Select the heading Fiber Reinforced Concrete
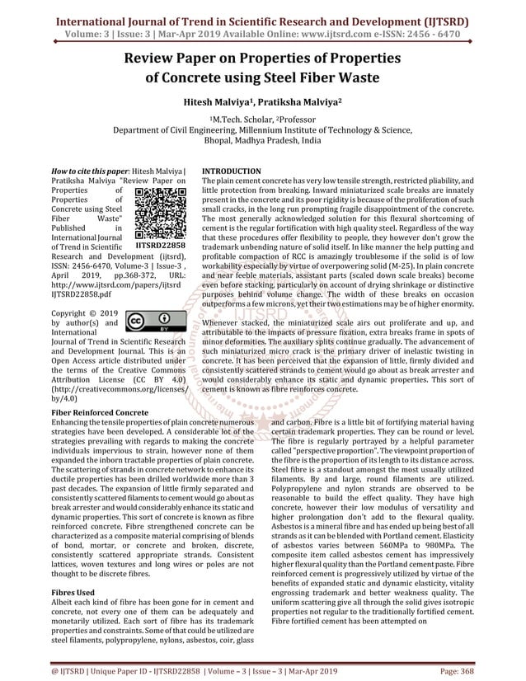coord(100,410)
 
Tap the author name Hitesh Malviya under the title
coord(217,105)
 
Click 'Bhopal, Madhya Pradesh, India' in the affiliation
coord(263,141)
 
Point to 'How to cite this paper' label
coord(87,171)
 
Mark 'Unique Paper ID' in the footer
coord(96,673)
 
